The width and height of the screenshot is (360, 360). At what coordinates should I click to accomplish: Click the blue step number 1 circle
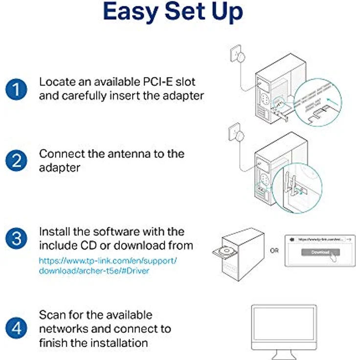click(16, 89)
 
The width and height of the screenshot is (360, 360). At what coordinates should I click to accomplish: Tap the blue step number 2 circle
click(16, 160)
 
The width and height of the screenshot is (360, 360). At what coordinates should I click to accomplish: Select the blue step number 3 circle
click(16, 238)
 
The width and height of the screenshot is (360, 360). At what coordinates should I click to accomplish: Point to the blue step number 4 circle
click(16, 328)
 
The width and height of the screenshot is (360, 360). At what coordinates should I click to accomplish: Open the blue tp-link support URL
click(108, 266)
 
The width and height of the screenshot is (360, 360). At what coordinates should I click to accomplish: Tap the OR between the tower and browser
click(275, 251)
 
